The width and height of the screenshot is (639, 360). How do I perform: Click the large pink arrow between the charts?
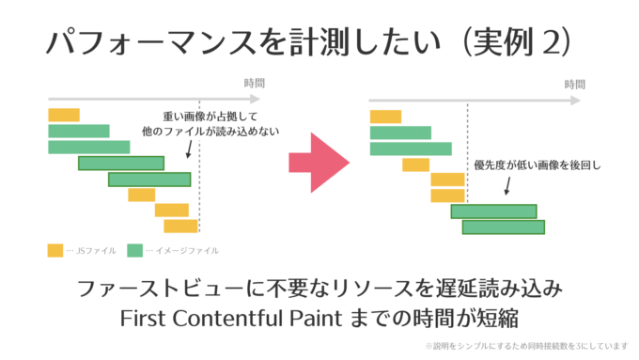pos(318,163)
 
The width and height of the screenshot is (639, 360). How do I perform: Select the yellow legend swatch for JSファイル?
pos(55,251)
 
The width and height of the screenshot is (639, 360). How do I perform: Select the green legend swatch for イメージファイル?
pos(134,251)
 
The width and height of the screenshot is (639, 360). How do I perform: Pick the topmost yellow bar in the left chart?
pos(64,115)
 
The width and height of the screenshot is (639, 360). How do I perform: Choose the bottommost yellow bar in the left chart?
pos(180,226)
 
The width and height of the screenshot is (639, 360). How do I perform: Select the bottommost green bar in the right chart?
pos(503,227)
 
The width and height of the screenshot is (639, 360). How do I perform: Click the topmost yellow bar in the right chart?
pos(386,117)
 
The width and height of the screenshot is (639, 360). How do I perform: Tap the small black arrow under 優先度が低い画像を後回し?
pos(507,185)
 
